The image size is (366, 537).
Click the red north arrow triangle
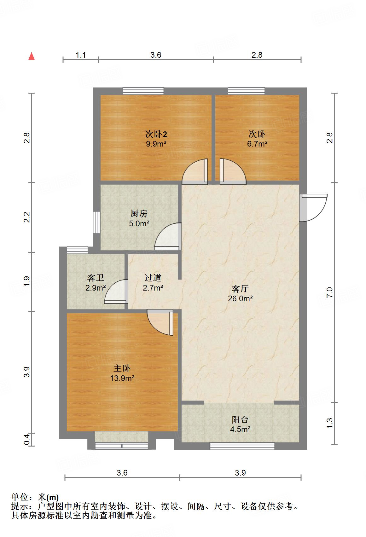32,56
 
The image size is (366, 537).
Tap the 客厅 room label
240,288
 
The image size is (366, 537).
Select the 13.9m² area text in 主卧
122,378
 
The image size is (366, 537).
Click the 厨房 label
139,214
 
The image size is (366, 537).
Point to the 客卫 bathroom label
96,278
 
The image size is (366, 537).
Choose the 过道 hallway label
153,278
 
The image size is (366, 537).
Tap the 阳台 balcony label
240,419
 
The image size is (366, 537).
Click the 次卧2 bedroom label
156,135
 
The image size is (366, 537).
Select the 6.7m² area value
257,144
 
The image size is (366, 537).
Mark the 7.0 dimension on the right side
329,292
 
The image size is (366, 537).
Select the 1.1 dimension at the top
81,55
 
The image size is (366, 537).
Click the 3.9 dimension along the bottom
240,472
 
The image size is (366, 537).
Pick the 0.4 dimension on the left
27,439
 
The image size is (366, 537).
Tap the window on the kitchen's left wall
96,222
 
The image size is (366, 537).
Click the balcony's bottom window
242,446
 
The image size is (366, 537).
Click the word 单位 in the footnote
20,498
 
